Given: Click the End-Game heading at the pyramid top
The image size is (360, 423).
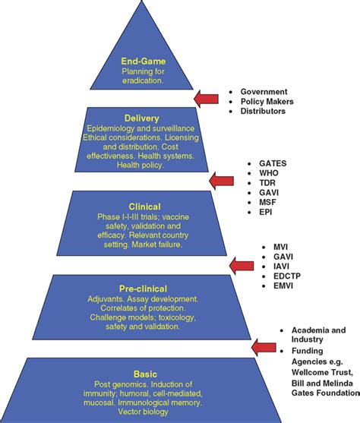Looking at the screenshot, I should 143,62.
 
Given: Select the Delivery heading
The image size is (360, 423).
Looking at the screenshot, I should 143,118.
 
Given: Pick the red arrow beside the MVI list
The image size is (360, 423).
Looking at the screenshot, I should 242,264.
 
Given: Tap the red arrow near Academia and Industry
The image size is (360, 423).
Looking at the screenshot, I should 263,347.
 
